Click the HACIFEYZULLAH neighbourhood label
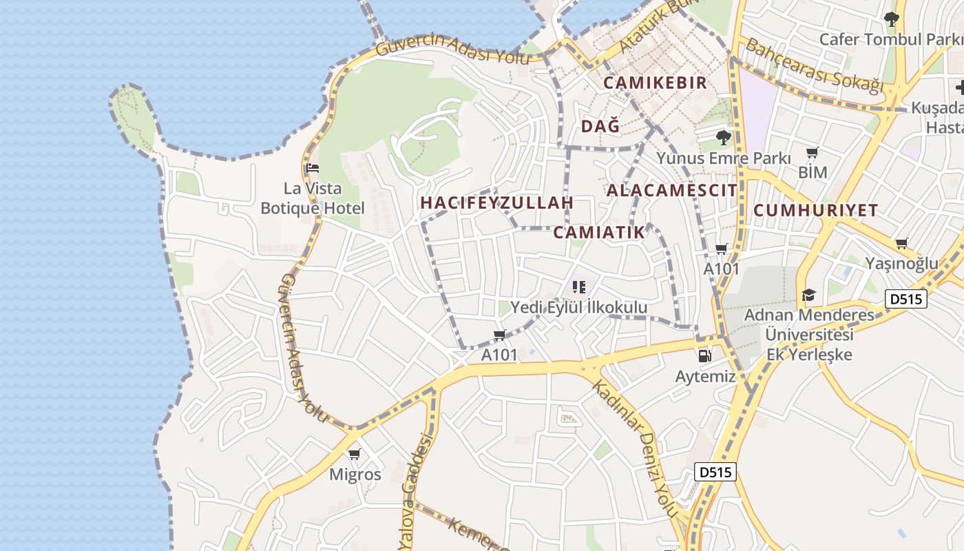pos(496,203)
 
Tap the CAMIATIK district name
pos(599,233)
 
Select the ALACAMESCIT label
pos(671,191)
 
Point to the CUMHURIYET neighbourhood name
pos(816,211)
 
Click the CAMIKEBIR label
pos(655,83)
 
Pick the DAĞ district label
pos(600,127)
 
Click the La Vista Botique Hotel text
pos(313,198)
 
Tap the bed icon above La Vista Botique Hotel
pos(313,168)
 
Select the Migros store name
pos(355,475)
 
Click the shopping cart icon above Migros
pos(355,455)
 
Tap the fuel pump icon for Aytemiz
pos(704,355)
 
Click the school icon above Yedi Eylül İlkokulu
pos(578,287)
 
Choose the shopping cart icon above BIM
pos(813,152)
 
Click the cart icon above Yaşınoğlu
pos(901,243)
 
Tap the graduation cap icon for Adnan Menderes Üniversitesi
pos(808,295)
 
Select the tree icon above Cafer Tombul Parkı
pos(892,19)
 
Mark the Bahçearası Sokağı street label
pos(814,66)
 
